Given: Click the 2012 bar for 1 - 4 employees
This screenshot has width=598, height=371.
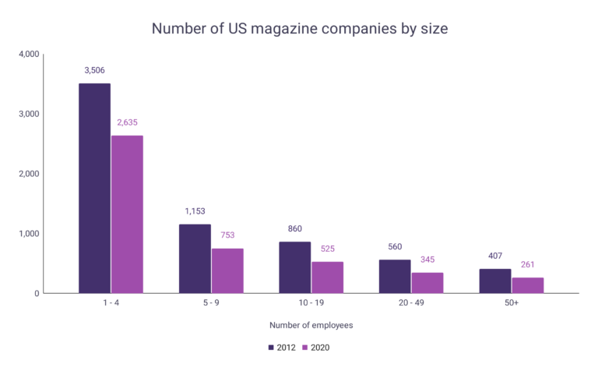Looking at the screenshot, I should pos(94,188).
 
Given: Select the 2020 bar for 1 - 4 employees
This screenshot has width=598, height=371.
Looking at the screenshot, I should pos(127,214).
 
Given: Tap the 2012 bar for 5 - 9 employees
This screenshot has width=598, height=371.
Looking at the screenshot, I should pos(195,259).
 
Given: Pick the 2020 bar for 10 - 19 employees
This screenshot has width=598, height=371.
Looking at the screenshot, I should pos(327,277).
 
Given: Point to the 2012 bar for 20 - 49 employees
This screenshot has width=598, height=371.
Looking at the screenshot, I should pos(394,276).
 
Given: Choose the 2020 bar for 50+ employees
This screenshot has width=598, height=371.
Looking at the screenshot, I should pos(527,285).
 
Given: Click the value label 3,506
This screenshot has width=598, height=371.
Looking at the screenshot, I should pos(94,70).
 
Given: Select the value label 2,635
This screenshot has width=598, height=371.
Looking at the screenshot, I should pos(127,122).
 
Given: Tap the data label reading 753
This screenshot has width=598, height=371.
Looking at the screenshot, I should pos(227,235).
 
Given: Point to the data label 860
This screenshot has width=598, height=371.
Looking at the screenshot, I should pos(294,228).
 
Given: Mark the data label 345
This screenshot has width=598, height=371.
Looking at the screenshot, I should pos(427,259).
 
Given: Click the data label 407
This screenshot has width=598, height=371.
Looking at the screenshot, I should pos(494,256).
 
